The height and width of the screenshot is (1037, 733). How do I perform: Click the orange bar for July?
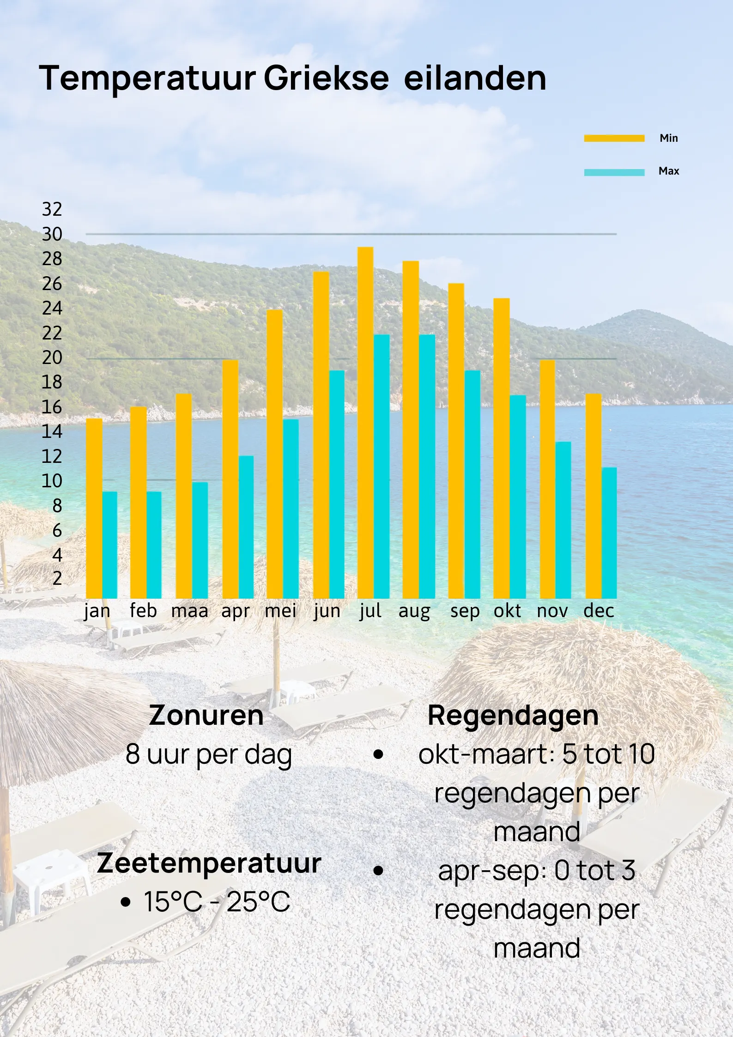point(365,422)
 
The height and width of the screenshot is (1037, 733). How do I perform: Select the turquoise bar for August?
point(427,466)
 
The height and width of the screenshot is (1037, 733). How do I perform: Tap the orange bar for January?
point(94,508)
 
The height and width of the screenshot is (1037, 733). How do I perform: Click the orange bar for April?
point(230,479)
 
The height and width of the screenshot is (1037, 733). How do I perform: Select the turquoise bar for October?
point(518,497)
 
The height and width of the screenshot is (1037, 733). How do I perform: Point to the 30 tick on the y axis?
point(52,234)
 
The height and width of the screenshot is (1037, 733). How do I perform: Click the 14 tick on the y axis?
point(52,431)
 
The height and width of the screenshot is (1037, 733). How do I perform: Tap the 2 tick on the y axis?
point(57,578)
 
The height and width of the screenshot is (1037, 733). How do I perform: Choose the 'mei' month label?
point(280,611)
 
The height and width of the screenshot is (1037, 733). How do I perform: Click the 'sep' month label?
point(465,611)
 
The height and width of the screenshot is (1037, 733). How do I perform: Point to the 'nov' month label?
point(552,611)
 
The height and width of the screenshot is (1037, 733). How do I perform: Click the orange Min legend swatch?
point(614,138)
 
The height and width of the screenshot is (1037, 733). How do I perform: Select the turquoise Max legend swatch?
point(614,172)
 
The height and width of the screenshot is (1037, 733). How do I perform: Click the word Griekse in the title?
point(326,78)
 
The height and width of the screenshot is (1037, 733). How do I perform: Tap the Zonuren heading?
point(206,716)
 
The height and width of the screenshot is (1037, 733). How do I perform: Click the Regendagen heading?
point(513,716)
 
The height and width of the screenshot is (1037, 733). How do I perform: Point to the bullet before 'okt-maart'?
point(378,755)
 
